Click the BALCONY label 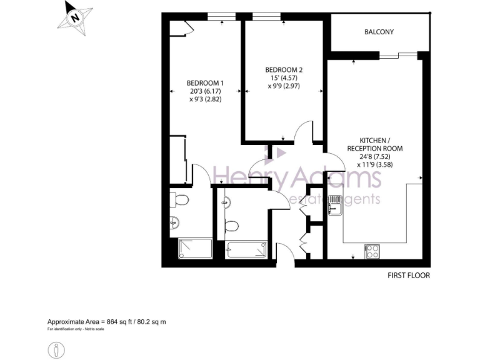(379, 32)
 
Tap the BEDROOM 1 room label (205, 83)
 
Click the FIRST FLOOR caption (409, 275)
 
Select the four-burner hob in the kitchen (372, 251)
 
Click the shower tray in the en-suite (196, 249)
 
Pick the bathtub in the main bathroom (247, 250)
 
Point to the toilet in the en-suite (181, 200)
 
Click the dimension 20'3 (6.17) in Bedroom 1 (205, 91)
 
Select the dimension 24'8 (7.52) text (375, 157)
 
